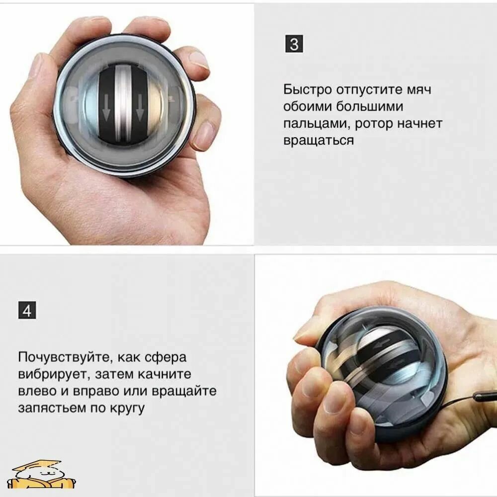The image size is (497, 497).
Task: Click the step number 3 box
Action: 294,44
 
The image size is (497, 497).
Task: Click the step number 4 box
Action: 27,310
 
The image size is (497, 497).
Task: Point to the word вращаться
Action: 319,141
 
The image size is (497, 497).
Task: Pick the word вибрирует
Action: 52,374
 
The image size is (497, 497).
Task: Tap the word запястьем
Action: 52,408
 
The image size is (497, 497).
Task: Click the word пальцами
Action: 317,124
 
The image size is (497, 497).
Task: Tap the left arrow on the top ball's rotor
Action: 106,109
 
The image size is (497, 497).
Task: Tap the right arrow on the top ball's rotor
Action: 139,109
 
